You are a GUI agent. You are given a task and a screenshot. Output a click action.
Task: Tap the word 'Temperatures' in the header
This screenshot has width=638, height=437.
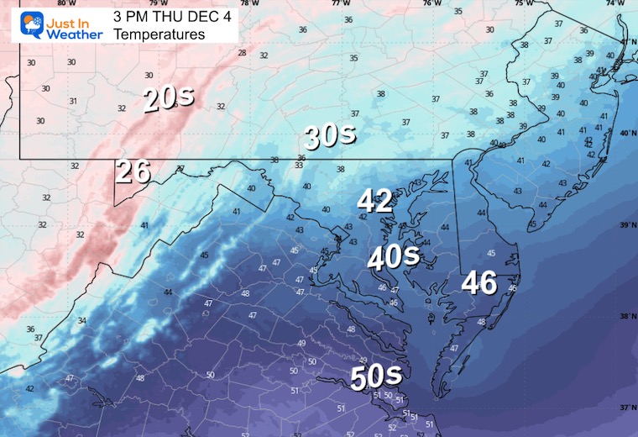[159, 34]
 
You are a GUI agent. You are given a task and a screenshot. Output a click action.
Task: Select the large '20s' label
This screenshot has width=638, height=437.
[168, 98]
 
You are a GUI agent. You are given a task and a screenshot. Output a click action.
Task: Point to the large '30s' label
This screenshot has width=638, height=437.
[330, 135]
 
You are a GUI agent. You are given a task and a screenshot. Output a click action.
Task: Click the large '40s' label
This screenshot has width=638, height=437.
[392, 255]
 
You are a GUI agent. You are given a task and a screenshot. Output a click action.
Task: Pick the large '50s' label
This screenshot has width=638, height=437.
[376, 376]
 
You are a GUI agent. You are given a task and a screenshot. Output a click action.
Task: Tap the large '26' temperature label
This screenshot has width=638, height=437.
[133, 171]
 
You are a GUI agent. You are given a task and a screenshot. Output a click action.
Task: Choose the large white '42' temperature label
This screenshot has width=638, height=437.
[374, 201]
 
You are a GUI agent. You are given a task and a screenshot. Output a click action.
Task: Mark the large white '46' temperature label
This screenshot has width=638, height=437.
[478, 283]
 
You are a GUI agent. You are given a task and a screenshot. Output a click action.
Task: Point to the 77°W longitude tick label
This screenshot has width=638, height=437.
[340, 3]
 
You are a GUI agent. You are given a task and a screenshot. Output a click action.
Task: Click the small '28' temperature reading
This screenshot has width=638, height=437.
[242, 53]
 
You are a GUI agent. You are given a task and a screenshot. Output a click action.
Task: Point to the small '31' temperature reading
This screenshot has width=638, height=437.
[73, 102]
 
